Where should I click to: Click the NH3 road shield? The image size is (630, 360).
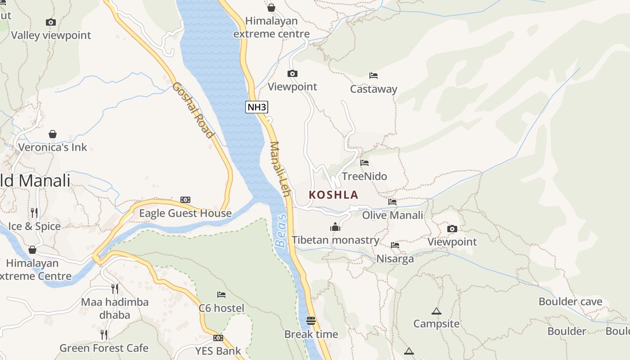pyautogui.click(x=257, y=107)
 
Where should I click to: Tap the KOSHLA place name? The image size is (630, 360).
pyautogui.click(x=333, y=195)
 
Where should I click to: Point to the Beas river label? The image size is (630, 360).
pyautogui.click(x=281, y=231)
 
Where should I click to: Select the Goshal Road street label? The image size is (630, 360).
pyautogui.click(x=192, y=110)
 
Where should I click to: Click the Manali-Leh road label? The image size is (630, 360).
pyautogui.click(x=279, y=169)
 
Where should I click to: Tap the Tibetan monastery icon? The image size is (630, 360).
pyautogui.click(x=335, y=227)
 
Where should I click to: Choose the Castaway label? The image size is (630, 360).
pyautogui.click(x=373, y=89)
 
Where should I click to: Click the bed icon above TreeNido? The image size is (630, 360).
pyautogui.click(x=364, y=162)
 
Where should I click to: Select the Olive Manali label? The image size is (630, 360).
pyautogui.click(x=392, y=215)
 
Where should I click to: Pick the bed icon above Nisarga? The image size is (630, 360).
pyautogui.click(x=395, y=245)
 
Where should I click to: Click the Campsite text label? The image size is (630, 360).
pyautogui.click(x=436, y=324)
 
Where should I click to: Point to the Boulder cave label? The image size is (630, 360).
pyautogui.click(x=570, y=301)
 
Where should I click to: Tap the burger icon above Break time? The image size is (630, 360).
pyautogui.click(x=311, y=321)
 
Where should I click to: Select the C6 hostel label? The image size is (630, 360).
pyautogui.click(x=221, y=308)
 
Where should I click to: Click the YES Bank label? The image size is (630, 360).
pyautogui.click(x=218, y=351)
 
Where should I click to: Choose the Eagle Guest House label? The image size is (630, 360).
pyautogui.click(x=185, y=213)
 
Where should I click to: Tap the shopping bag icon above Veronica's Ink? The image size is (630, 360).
pyautogui.click(x=53, y=134)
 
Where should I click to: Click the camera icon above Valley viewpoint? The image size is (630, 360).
pyautogui.click(x=51, y=22)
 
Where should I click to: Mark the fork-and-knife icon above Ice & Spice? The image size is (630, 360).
pyautogui.click(x=34, y=212)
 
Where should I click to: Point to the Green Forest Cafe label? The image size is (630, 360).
pyautogui.click(x=104, y=348)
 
